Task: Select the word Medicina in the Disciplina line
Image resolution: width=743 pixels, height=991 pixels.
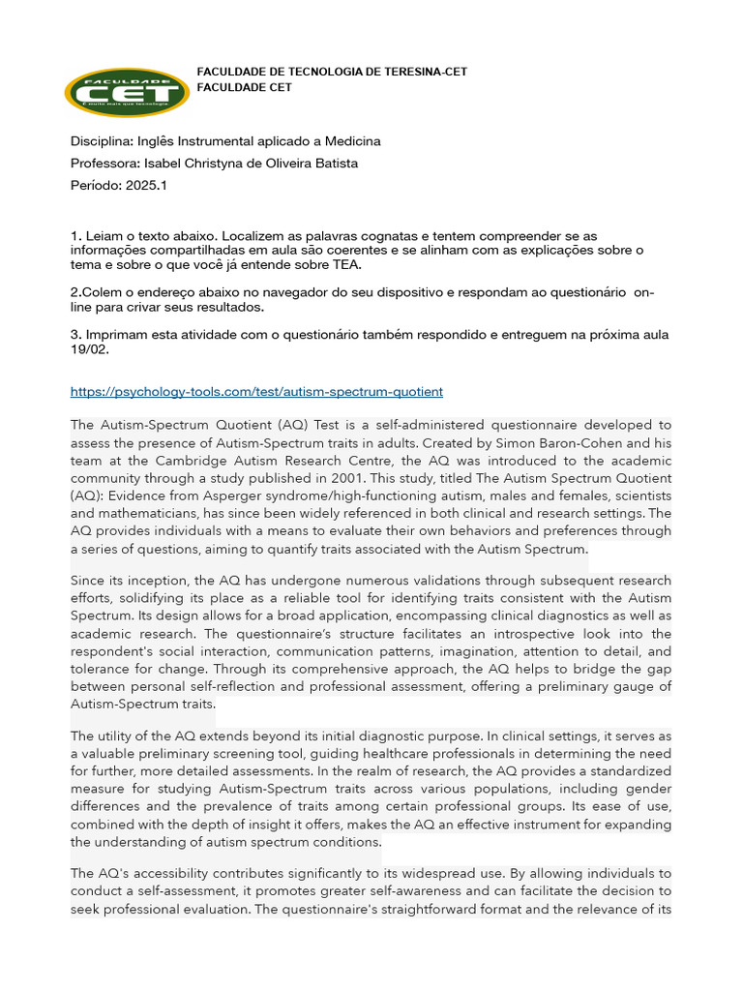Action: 347,141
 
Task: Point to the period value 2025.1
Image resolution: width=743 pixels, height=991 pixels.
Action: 146,185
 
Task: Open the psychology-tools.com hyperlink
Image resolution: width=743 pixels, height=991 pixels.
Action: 256,392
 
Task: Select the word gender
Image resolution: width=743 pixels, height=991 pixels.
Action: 648,789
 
